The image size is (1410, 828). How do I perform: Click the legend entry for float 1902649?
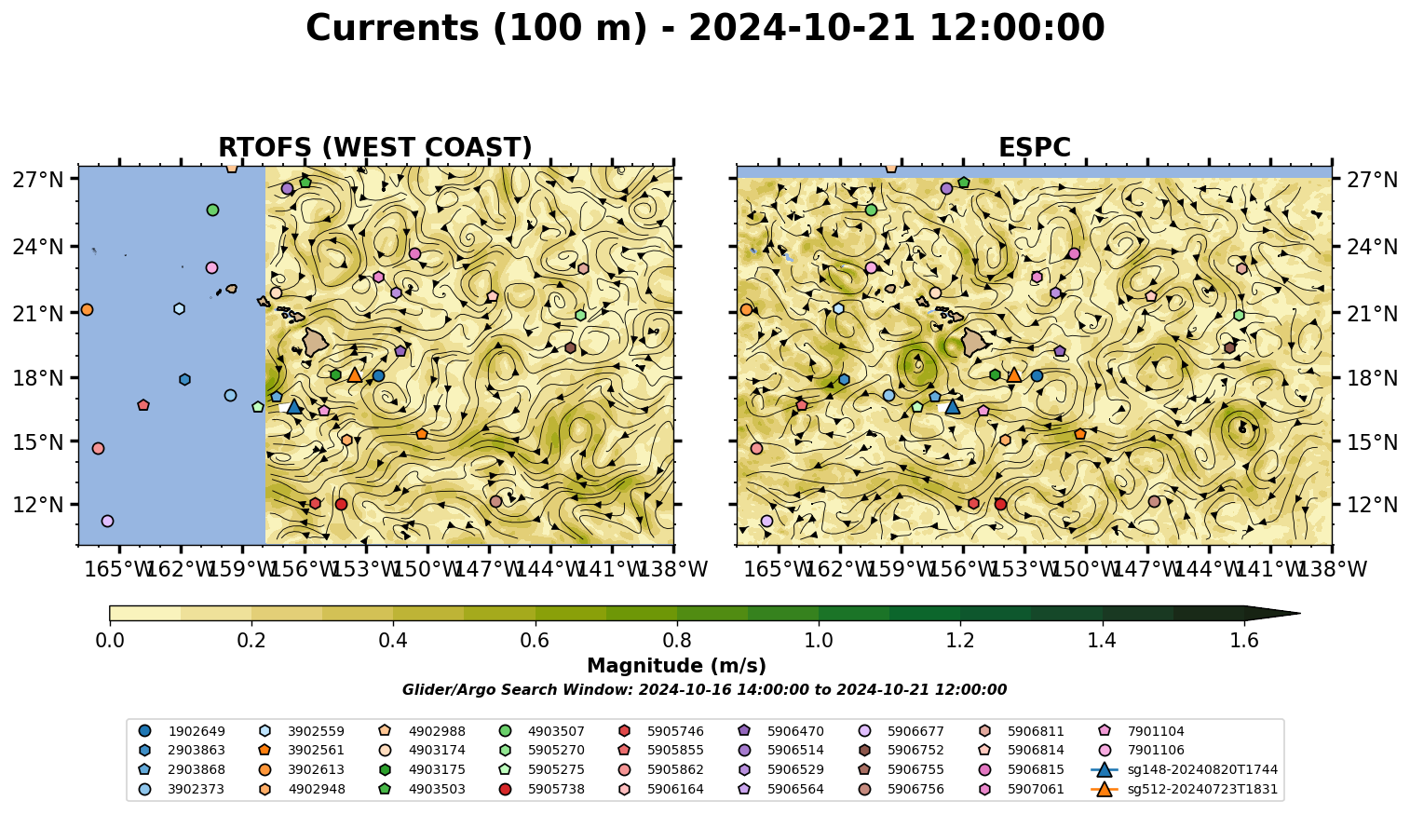pos(182,731)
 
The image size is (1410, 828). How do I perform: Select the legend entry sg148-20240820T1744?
pos(1185,769)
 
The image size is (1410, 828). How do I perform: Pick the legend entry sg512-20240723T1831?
pos(1185,789)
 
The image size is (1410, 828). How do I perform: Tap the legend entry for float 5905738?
pos(544,789)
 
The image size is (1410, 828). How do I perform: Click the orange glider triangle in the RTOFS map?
pos(355,374)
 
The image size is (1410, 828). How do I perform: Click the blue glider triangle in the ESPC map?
pos(953,407)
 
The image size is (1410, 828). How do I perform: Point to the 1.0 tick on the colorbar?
pos(819,623)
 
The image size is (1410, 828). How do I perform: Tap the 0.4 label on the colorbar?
pos(393,641)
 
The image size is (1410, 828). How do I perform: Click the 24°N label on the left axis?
pos(38,246)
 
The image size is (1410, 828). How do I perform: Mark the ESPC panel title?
pos(1034,147)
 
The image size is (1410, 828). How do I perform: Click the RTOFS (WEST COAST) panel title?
pos(375,147)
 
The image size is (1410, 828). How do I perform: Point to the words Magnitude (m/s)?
pos(677,666)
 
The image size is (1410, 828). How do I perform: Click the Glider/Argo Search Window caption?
pos(704,689)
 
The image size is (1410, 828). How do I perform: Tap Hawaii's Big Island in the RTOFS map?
pos(316,342)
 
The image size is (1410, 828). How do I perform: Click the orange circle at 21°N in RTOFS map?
pos(87,310)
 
